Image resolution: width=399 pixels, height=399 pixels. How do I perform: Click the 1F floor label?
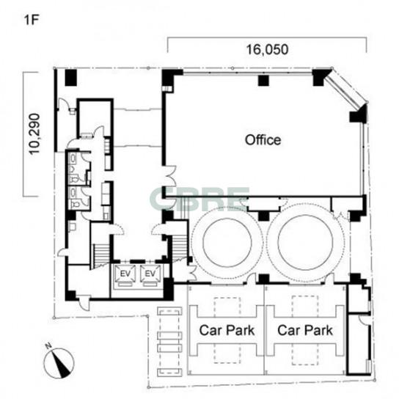[31, 20]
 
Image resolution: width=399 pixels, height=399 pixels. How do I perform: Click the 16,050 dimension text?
[267, 49]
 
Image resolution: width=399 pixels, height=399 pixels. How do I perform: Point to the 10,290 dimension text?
[34, 134]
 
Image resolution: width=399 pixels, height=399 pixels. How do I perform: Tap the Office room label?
[263, 140]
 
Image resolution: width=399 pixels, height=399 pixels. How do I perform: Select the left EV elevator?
[125, 274]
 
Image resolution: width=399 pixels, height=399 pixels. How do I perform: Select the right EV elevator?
[150, 274]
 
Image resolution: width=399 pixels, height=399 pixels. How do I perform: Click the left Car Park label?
[227, 330]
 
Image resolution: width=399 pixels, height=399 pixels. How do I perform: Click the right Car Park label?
[305, 330]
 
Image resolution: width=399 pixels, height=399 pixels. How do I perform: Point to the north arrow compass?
[59, 362]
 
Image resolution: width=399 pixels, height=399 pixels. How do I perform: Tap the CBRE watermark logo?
[199, 199]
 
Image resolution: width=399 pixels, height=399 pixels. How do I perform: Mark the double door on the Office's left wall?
[170, 176]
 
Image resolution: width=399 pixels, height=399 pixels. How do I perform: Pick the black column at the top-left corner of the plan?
[70, 77]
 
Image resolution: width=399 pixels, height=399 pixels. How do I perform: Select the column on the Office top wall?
[263, 81]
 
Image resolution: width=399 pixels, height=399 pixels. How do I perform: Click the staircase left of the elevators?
[101, 255]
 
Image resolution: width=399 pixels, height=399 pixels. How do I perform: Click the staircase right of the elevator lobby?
[180, 247]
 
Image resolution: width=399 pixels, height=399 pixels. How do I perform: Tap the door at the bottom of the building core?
[84, 303]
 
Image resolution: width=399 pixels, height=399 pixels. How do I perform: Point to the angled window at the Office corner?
[346, 88]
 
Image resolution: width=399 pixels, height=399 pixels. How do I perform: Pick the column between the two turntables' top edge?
[263, 216]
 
